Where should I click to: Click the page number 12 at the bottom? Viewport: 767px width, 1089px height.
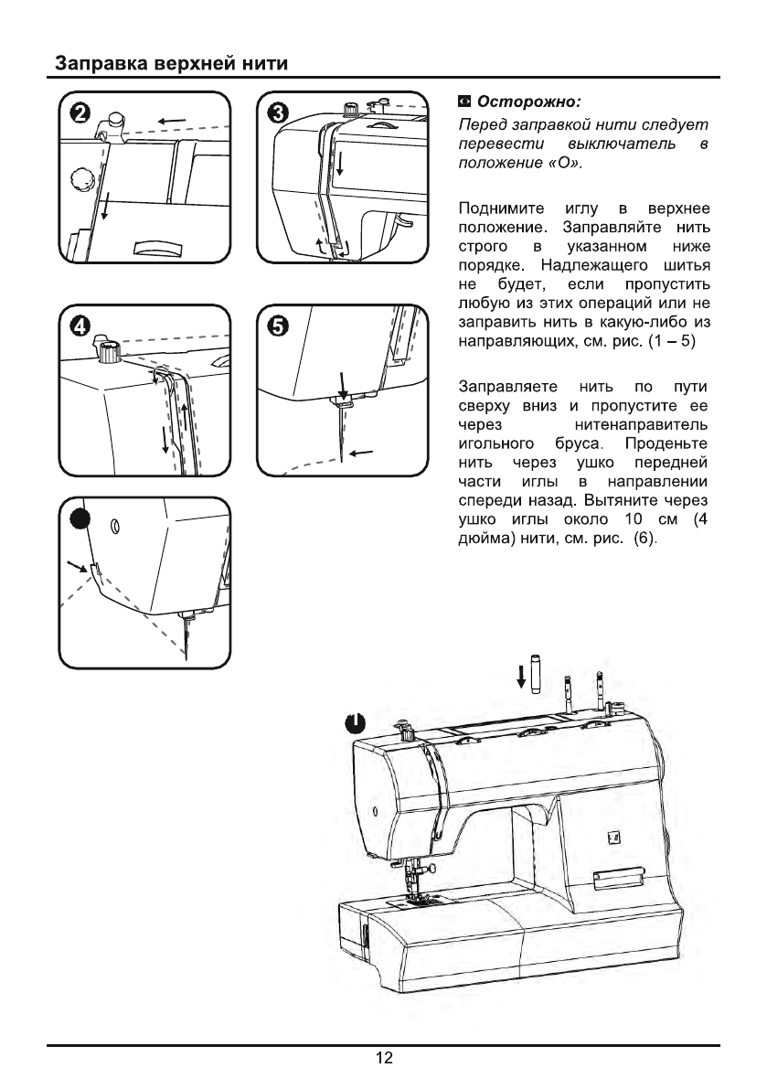click(383, 1059)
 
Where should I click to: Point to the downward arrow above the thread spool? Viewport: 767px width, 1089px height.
click(522, 676)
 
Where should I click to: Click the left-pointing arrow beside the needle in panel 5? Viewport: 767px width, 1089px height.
click(363, 451)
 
